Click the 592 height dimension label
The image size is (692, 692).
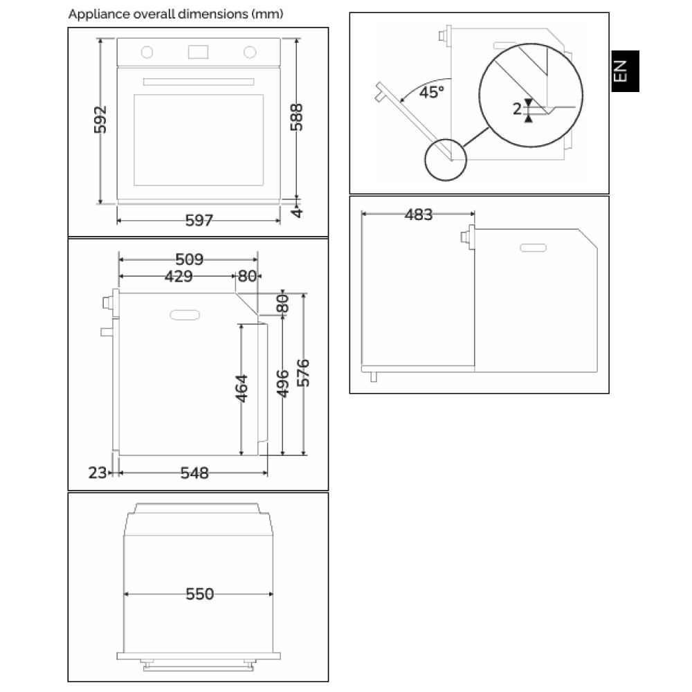tap(101, 120)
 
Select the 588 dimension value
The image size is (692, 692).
tap(297, 118)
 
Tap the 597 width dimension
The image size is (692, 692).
tap(199, 221)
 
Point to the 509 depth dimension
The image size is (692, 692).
tap(189, 259)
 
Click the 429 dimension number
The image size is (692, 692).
tap(179, 276)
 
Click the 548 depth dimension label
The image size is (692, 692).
tap(194, 473)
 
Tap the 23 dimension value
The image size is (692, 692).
tap(97, 473)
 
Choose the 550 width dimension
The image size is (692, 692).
tap(199, 594)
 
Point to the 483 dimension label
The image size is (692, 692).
tap(419, 215)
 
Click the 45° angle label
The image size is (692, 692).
tap(431, 92)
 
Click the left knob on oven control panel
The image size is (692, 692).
tap(147, 51)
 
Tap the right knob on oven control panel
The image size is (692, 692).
tap(250, 51)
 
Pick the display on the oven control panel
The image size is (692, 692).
tap(199, 51)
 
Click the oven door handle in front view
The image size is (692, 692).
tap(199, 82)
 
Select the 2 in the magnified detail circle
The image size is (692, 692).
tap(516, 109)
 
